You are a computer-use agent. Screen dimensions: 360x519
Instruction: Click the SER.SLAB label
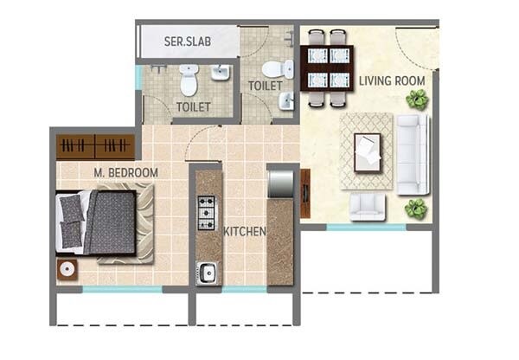[x=184, y=41]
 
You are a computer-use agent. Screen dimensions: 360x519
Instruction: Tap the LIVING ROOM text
[x=392, y=80]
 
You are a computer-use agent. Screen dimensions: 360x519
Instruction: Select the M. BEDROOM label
[x=126, y=173]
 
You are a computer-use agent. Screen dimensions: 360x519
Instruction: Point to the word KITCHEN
[x=245, y=232]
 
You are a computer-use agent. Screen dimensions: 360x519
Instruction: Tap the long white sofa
[x=413, y=153]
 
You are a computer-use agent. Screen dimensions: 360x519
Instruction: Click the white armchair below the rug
[x=368, y=205]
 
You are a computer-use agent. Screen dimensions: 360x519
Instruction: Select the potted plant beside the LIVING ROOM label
[x=418, y=99]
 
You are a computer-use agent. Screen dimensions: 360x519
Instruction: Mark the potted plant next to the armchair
[x=416, y=208]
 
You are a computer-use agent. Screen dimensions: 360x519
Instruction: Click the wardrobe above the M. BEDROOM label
[x=95, y=146]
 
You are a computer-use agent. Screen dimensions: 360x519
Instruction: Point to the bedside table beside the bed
[x=67, y=268]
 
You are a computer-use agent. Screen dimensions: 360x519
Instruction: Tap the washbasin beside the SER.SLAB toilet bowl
[x=220, y=74]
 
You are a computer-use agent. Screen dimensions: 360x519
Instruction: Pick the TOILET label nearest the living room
[x=265, y=87]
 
